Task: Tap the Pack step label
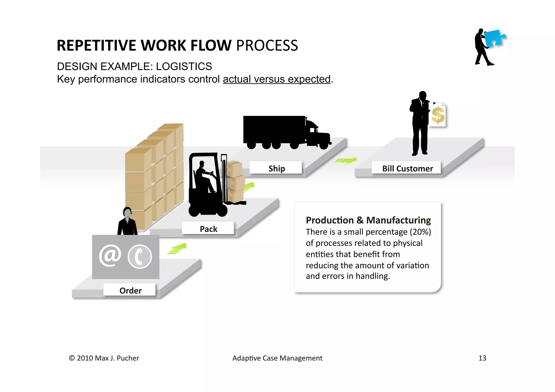pos(208,229)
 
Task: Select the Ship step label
pos(276,168)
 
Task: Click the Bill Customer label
pos(407,168)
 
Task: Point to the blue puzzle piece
pos(494,38)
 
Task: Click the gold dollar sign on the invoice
pos(438,115)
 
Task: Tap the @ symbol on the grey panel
pos(110,256)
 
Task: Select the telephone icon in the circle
pos(140,257)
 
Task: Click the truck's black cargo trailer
pos(274,129)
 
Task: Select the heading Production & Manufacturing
pos(368,220)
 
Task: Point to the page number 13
pos(482,358)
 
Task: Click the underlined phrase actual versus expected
pos(276,79)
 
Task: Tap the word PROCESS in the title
pos(267,45)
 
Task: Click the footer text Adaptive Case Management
pos(277,358)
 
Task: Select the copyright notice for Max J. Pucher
pos(104,358)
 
